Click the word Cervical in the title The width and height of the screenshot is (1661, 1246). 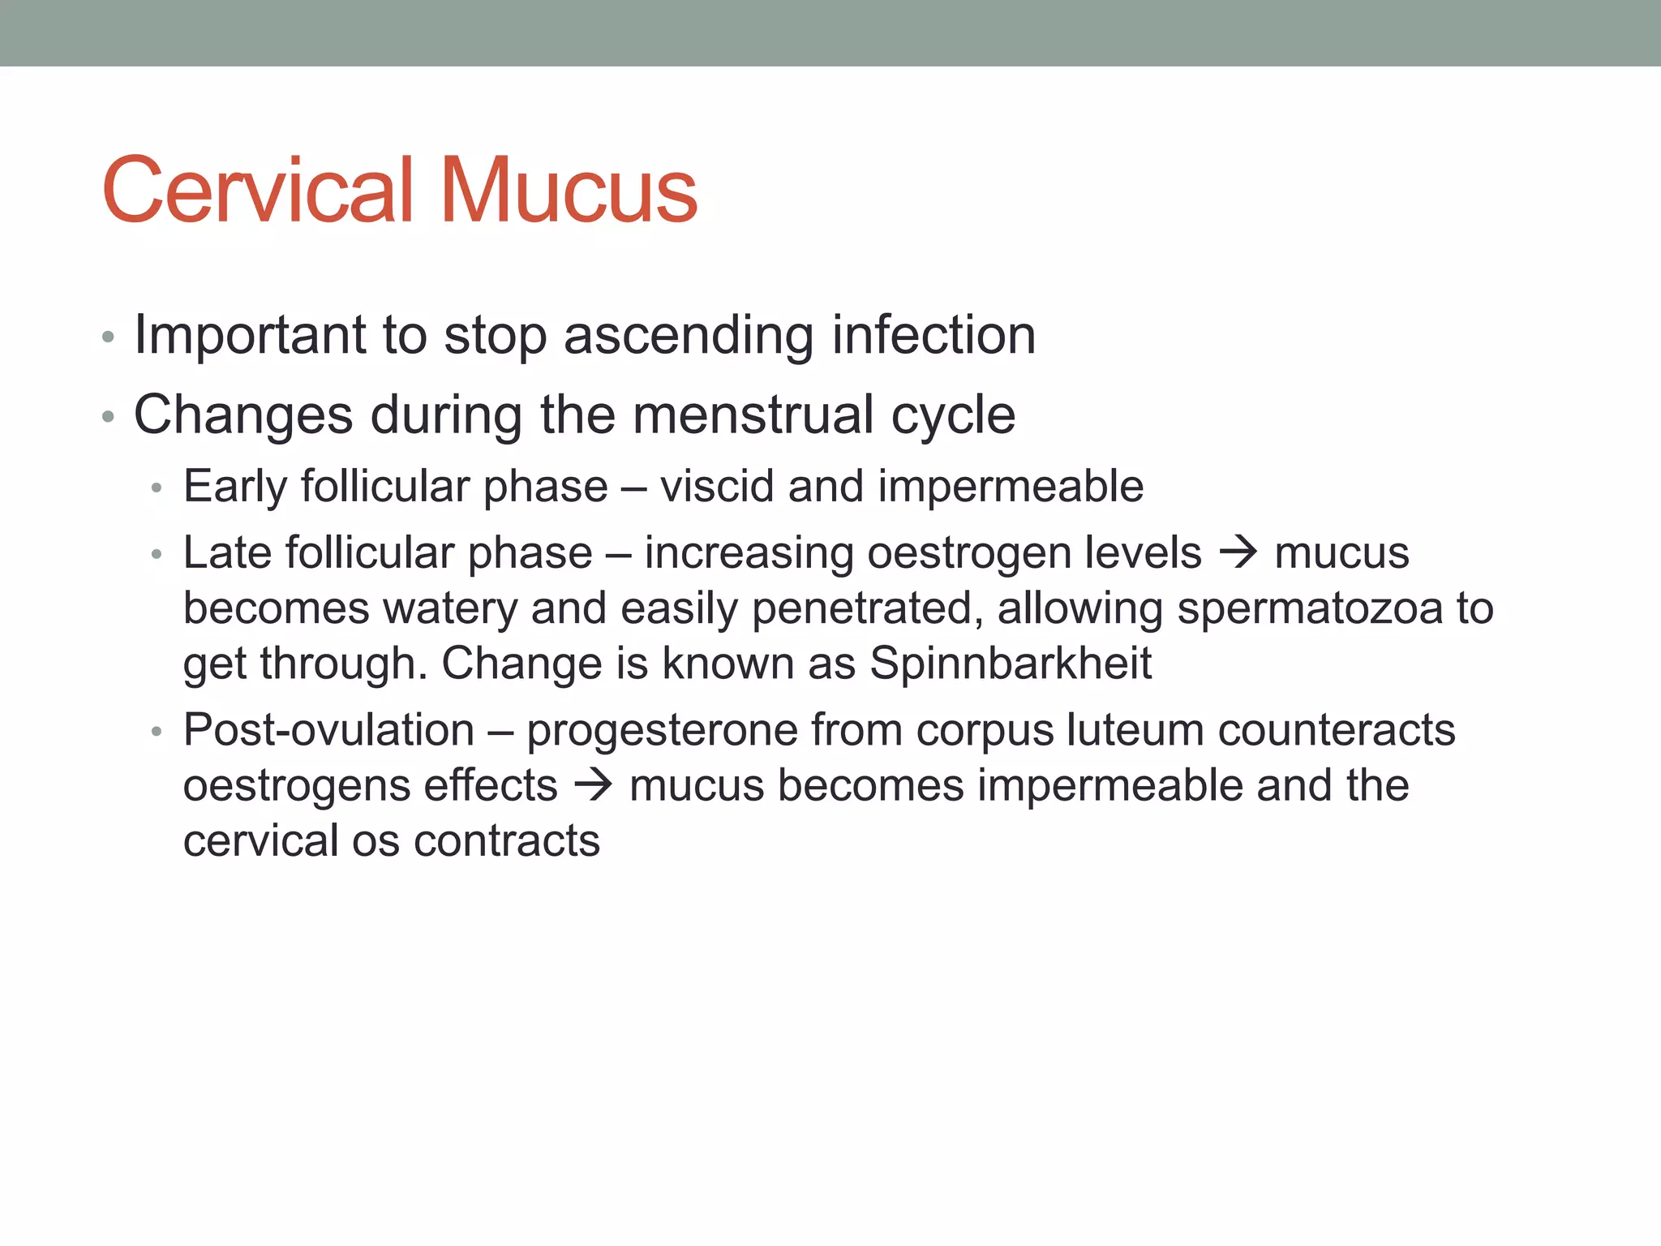[x=259, y=191]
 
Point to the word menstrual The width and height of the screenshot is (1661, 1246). [x=753, y=415]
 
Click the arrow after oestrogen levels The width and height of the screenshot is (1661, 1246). [x=1238, y=553]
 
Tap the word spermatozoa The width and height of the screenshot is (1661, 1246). [x=1310, y=608]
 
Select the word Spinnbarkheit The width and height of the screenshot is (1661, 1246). [x=1011, y=664]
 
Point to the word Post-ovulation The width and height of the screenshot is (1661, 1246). [x=328, y=730]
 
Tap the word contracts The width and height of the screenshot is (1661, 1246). [x=507, y=840]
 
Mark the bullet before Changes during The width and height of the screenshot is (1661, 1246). [x=108, y=417]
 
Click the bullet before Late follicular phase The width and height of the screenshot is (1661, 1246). [x=157, y=555]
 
